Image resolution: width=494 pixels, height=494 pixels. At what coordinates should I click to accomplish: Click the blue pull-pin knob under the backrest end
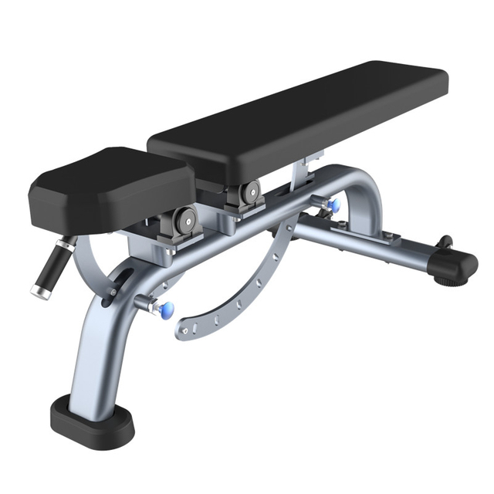(334, 206)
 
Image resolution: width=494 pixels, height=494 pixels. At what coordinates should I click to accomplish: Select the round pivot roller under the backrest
(250, 192)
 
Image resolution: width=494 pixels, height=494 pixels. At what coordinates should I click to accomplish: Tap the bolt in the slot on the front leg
(113, 293)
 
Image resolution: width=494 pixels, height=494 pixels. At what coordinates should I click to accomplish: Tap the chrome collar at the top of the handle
(66, 245)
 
